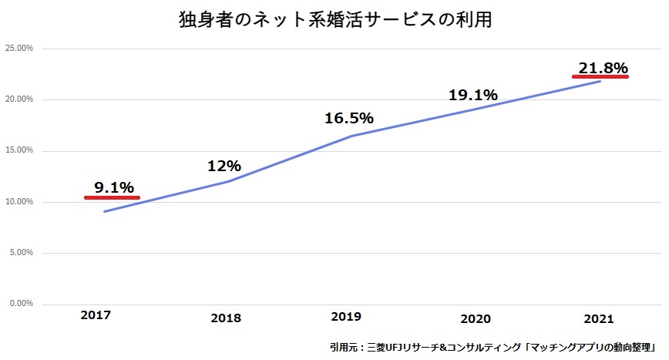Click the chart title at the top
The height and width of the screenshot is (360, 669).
pos(334,19)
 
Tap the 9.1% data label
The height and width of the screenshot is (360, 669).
pos(114,187)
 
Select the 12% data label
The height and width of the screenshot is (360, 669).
pos(224,166)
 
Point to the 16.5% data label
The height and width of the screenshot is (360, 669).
pos(348,118)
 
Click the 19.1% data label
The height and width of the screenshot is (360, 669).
pos(472,96)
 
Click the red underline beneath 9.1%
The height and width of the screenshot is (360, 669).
pos(112,198)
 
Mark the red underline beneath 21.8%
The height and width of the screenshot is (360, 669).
pos(600,77)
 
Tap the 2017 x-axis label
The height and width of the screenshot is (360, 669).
pos(95,315)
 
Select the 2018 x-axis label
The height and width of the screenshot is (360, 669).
pos(225,318)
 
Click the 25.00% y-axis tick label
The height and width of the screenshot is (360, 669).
pos(18,49)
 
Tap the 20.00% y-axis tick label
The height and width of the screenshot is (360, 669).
pos(18,99)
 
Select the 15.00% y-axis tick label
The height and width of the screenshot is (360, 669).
pos(18,150)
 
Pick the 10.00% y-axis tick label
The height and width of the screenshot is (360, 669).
pos(18,202)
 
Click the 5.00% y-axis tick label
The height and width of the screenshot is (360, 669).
pos(21,253)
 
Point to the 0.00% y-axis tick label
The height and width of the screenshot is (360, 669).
pos(21,304)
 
